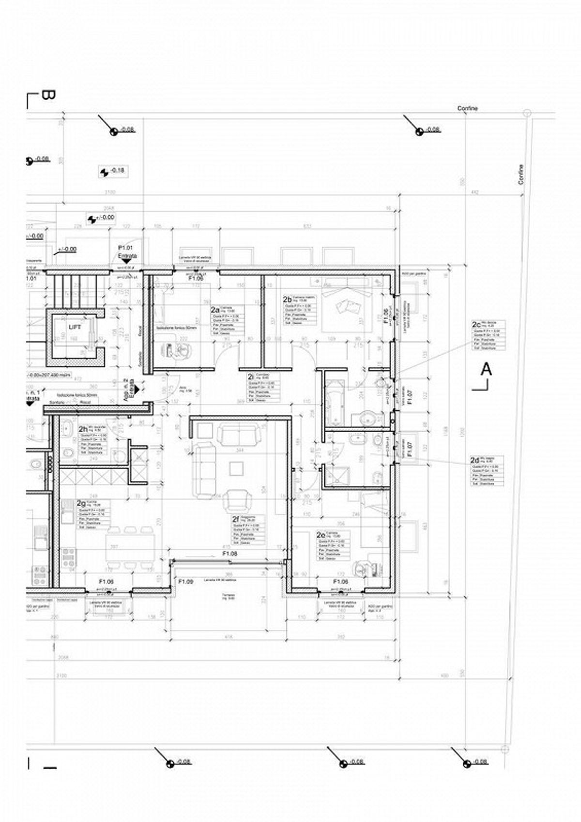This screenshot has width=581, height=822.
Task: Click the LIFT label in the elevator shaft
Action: [75, 328]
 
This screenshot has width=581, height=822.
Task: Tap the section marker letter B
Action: [47, 95]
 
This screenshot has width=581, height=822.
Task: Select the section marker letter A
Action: [486, 370]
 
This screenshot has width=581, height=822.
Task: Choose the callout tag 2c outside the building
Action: [476, 324]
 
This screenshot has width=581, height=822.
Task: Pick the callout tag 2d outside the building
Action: [475, 460]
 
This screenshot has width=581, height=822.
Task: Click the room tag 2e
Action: [321, 535]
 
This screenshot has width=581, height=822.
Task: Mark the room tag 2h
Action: [83, 429]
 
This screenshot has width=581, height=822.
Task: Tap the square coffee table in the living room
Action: [237, 468]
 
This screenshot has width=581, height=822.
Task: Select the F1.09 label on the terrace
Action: [186, 582]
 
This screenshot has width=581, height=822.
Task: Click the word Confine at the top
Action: [467, 108]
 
